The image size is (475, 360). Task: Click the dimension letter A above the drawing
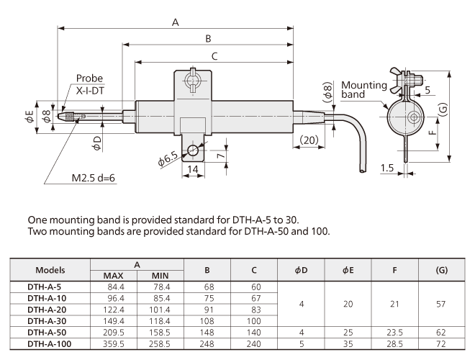[x=175, y=22]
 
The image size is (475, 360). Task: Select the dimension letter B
[x=208, y=39]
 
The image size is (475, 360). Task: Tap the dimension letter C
[x=214, y=55]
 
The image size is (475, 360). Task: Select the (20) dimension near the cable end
[x=309, y=139]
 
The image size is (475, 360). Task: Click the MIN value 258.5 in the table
[x=160, y=344]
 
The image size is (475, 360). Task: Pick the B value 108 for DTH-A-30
[x=207, y=321]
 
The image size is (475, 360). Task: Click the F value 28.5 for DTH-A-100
[x=394, y=344]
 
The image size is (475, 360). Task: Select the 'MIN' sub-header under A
[x=160, y=275]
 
